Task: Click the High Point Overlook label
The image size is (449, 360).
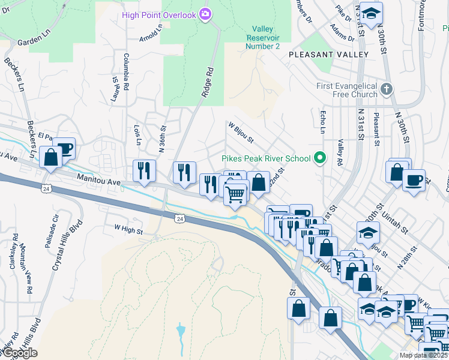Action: pos(158,14)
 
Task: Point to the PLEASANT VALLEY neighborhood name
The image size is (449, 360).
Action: pos(328,55)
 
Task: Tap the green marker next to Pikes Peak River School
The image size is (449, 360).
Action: pos(320,158)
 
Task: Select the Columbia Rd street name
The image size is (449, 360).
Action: pos(126,72)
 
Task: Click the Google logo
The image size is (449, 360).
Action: pos(19,352)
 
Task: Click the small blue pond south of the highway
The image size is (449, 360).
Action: pos(181,330)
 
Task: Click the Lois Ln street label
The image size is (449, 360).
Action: pos(137,136)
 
